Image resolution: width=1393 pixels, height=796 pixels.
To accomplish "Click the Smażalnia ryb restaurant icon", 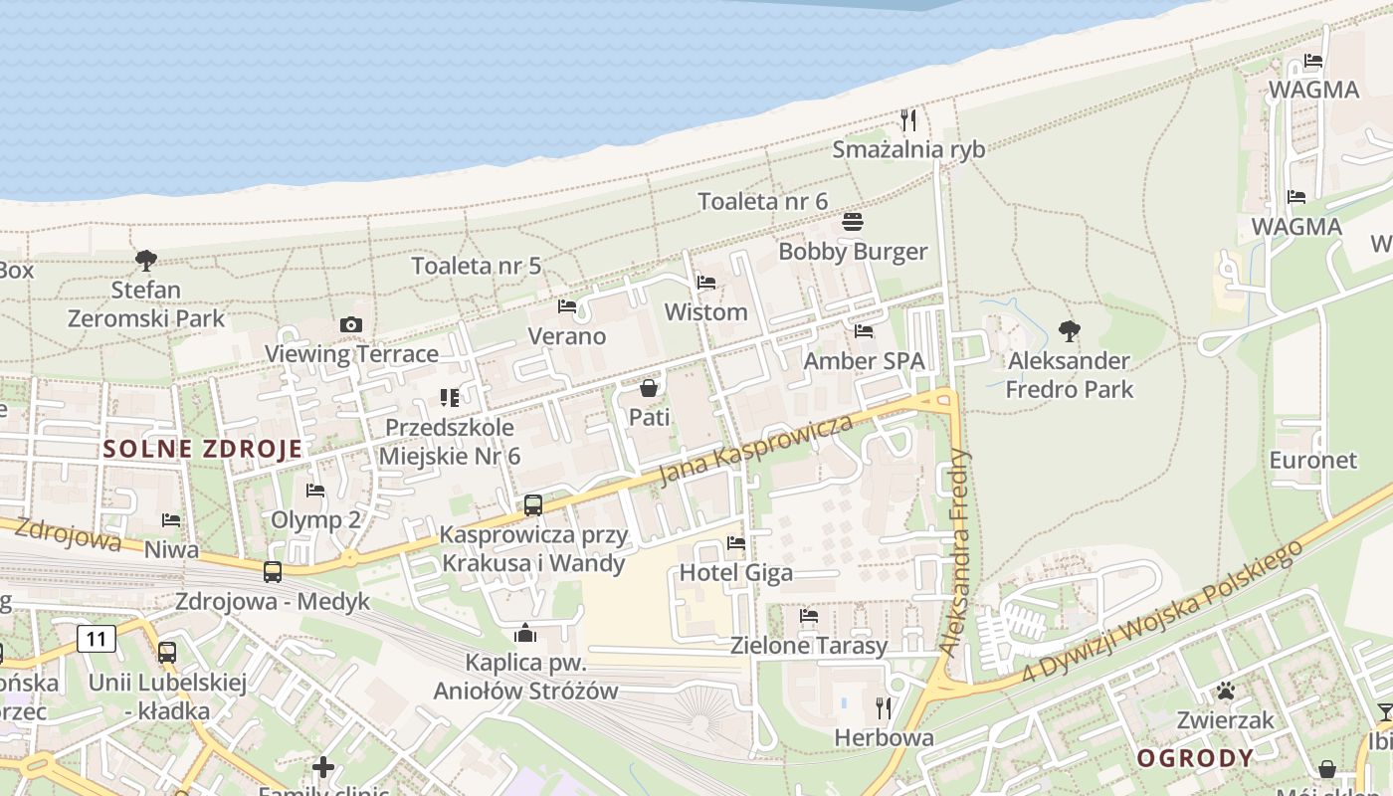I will pyautogui.click(x=907, y=120).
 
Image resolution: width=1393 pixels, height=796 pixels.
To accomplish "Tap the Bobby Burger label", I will pyautogui.click(x=853, y=252).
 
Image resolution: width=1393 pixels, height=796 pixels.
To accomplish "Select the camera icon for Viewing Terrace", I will pyautogui.click(x=350, y=324).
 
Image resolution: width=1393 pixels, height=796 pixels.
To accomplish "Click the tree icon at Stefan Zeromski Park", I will pyautogui.click(x=146, y=261).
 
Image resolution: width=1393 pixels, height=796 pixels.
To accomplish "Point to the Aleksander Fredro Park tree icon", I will pyautogui.click(x=1070, y=330).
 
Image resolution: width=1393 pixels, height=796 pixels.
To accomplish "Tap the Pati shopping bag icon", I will pyautogui.click(x=649, y=387).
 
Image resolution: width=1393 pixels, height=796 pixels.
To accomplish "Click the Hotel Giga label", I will pyautogui.click(x=735, y=572).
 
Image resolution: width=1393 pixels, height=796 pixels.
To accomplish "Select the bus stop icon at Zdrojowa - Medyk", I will pyautogui.click(x=273, y=572).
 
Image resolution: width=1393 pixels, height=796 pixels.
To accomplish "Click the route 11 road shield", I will pyautogui.click(x=97, y=639).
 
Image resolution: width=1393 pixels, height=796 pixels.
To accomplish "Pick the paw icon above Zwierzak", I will pyautogui.click(x=1225, y=691).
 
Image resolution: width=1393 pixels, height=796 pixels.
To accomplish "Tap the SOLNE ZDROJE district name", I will pyautogui.click(x=203, y=449).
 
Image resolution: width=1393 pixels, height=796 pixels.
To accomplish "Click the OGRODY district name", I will pyautogui.click(x=1195, y=758).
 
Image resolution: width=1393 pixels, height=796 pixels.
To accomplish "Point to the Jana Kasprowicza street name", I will pyautogui.click(x=755, y=450).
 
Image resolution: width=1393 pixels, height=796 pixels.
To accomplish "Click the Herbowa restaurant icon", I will pyautogui.click(x=884, y=707).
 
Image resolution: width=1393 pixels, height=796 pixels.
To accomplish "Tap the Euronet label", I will pyautogui.click(x=1312, y=460).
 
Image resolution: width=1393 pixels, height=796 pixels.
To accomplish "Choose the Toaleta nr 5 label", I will pyautogui.click(x=477, y=266).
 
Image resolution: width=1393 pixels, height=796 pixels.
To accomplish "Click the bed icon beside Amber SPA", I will pyautogui.click(x=864, y=330).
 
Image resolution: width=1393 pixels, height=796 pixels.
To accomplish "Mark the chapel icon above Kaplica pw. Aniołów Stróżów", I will pyautogui.click(x=525, y=633).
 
